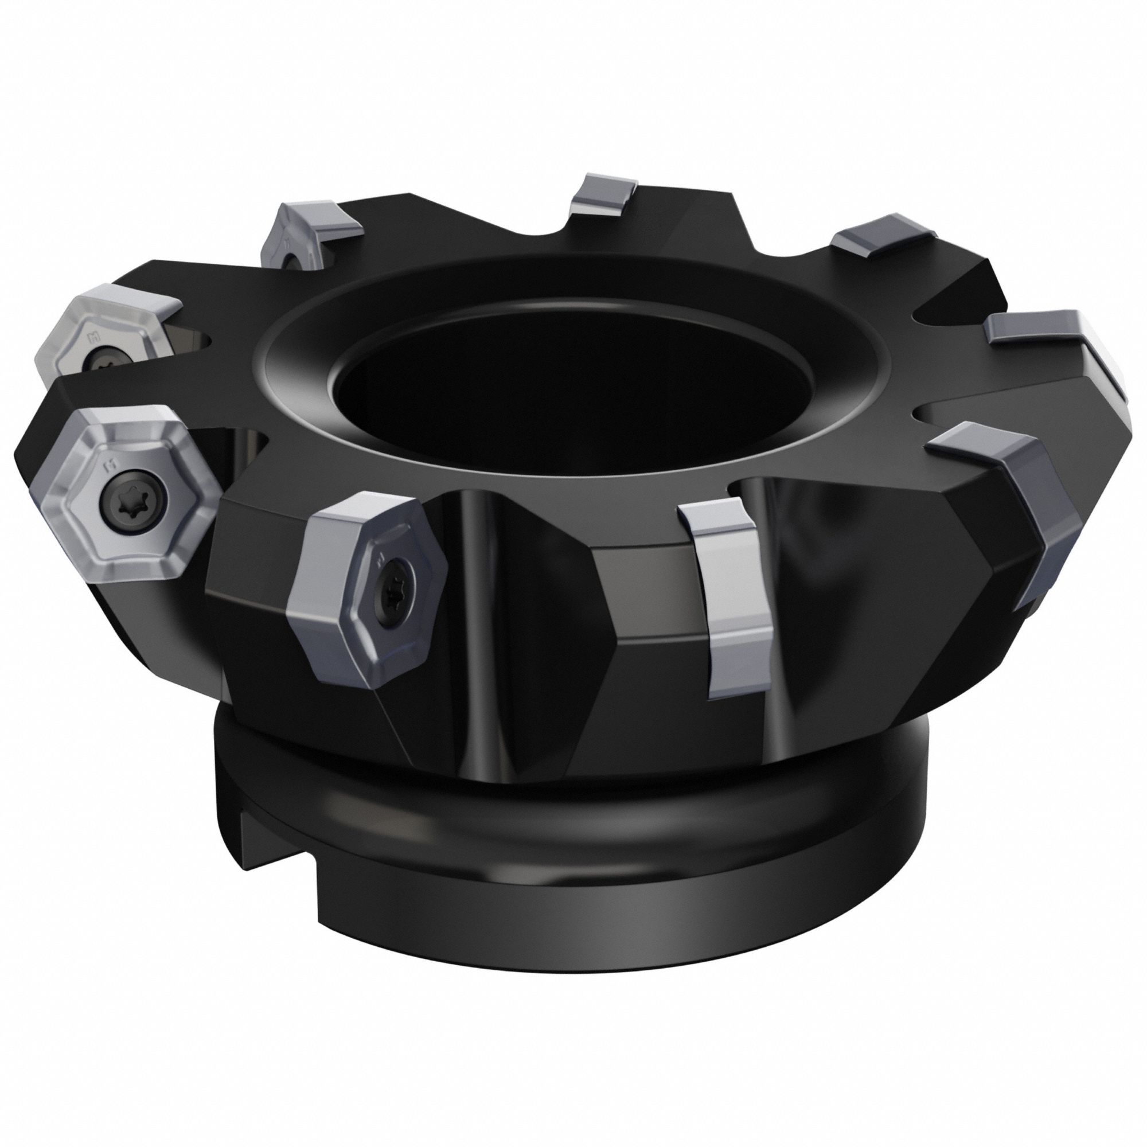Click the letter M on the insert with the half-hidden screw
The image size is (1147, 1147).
92,337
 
